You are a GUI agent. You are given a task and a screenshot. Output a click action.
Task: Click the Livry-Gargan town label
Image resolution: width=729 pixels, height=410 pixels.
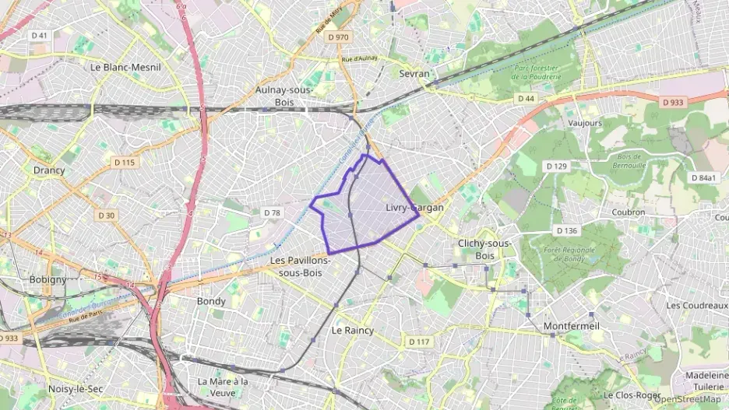(414, 208)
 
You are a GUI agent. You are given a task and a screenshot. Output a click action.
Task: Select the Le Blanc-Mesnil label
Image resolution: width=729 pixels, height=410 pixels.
(125, 67)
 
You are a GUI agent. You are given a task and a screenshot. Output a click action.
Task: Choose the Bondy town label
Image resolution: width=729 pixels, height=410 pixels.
(211, 301)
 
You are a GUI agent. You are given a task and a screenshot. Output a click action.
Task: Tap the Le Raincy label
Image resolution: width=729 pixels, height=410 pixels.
(353, 330)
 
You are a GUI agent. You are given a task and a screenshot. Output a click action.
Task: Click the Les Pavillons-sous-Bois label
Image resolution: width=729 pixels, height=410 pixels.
(301, 266)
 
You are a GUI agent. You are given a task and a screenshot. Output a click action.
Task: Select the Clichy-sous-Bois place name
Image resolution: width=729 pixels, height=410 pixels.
(484, 249)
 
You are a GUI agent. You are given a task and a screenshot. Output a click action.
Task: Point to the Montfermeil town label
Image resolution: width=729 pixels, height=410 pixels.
(572, 325)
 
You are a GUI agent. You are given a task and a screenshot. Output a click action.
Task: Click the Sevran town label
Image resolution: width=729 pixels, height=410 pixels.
(414, 72)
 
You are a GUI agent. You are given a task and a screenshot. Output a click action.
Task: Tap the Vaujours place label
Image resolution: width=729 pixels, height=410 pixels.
(585, 123)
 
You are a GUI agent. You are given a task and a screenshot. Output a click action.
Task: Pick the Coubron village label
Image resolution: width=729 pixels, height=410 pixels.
(629, 212)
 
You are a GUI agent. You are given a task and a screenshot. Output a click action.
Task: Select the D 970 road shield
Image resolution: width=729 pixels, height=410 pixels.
(338, 36)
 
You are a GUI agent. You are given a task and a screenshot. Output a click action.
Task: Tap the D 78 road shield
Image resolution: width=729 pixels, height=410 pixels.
(272, 212)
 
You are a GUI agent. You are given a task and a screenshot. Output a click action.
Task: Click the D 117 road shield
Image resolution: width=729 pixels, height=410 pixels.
(418, 342)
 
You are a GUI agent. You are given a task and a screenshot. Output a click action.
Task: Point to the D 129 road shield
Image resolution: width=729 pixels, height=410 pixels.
(556, 166)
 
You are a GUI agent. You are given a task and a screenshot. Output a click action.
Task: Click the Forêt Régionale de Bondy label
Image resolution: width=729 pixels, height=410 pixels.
(554, 254)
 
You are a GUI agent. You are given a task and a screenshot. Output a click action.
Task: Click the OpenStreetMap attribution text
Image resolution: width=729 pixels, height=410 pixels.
(687, 399)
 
